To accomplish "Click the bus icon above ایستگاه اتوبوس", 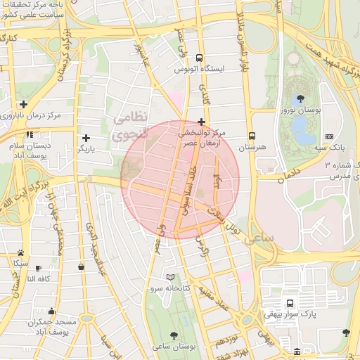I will [x=200, y=58].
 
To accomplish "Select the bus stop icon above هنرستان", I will [x=252, y=136].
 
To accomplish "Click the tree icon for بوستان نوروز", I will [x=301, y=98].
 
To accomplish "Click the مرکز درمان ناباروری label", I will [x=30, y=115].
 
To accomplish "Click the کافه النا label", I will [x=41, y=279].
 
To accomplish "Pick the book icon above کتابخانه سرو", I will [x=170, y=277].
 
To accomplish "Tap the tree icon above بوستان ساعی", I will [x=174, y=335].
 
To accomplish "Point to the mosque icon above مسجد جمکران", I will [x=51, y=311].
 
